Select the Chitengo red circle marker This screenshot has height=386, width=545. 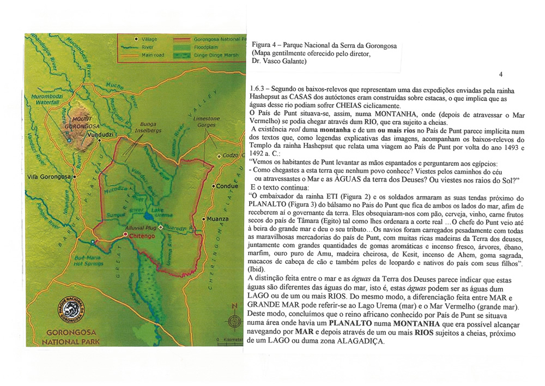126,235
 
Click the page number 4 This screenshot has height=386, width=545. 500,74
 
